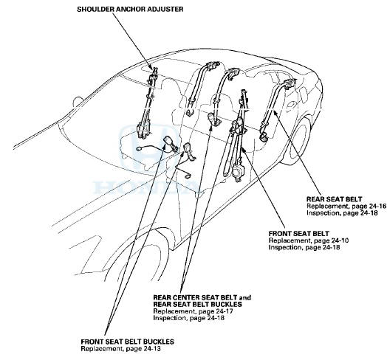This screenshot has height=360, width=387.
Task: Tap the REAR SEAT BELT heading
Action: click(x=330, y=198)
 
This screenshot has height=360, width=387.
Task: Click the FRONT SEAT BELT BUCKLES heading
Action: click(x=128, y=342)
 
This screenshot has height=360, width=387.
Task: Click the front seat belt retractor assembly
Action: click(x=240, y=171)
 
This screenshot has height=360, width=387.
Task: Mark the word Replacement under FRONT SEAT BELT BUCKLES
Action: click(x=101, y=348)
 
